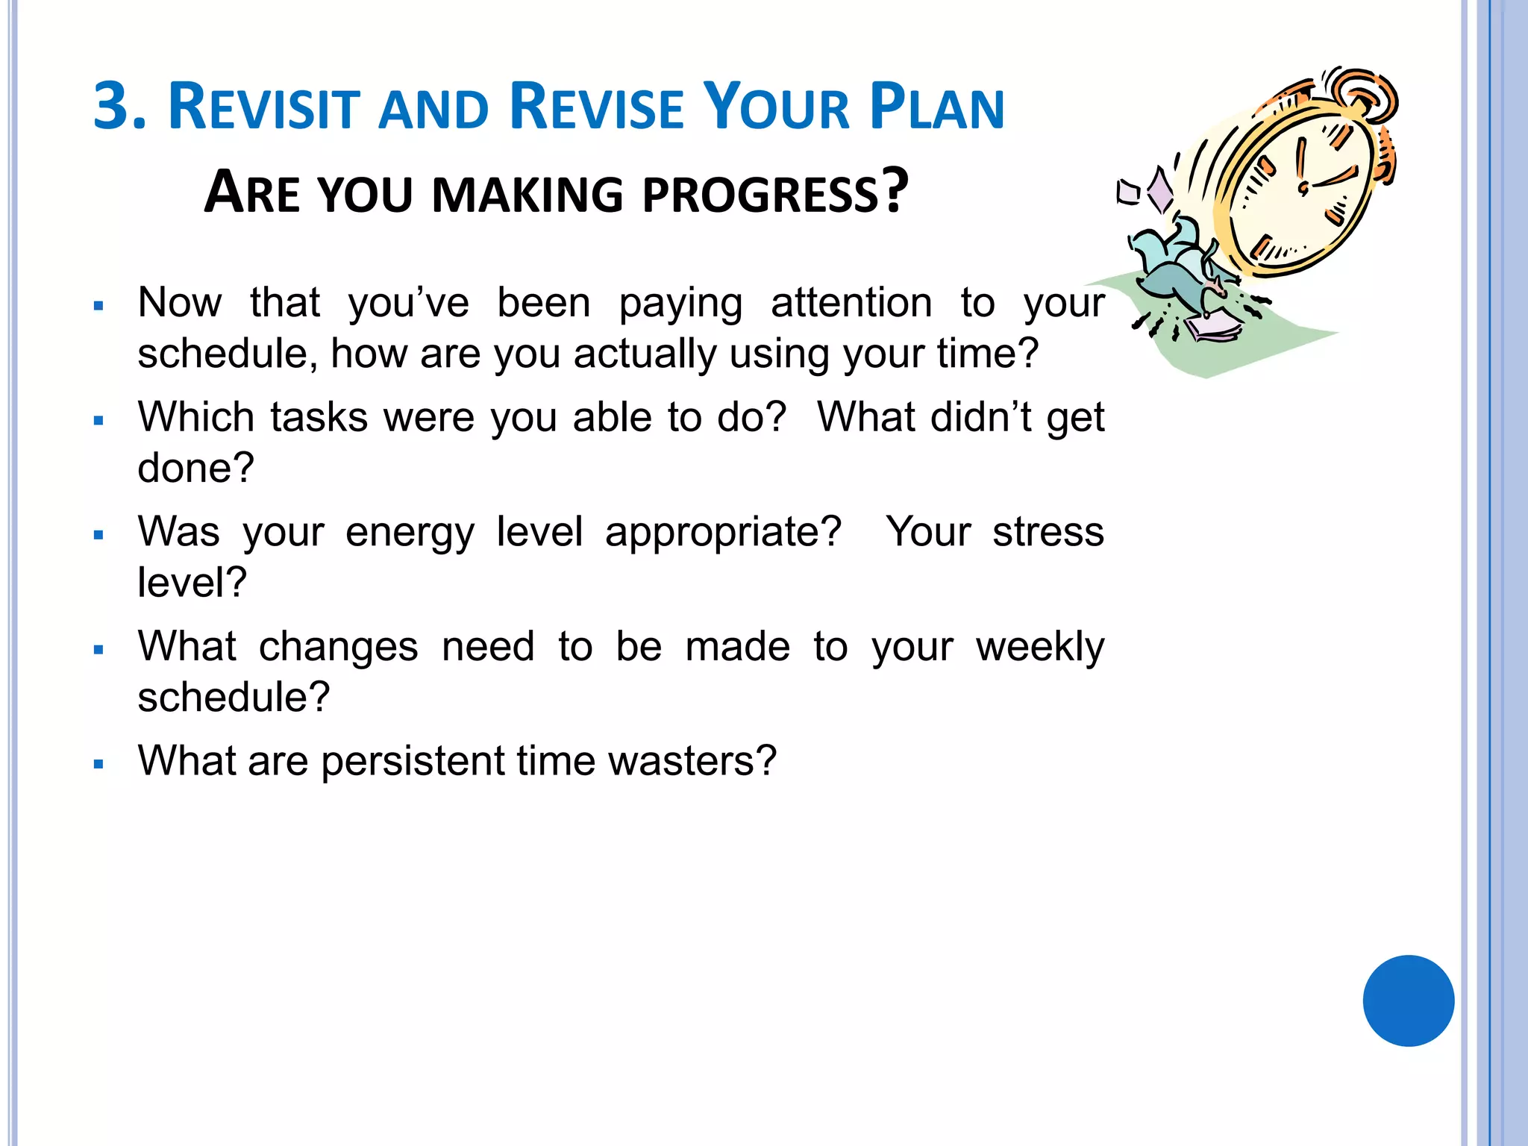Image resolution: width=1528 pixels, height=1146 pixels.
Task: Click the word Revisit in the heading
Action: [265, 107]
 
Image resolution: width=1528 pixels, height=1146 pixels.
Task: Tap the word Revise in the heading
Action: [597, 107]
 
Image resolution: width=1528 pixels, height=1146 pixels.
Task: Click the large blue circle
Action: [1408, 1001]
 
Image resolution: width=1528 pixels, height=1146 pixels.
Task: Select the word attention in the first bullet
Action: [851, 303]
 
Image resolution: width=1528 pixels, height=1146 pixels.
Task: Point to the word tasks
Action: [319, 417]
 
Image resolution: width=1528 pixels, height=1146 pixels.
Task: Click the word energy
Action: [410, 533]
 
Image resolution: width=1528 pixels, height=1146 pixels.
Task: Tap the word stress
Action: [1048, 533]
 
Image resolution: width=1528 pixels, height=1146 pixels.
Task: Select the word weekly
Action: [1039, 647]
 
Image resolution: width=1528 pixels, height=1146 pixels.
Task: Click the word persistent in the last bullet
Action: [413, 761]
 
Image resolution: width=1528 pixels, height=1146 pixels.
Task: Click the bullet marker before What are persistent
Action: [98, 765]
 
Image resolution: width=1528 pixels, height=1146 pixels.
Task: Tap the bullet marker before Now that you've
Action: [98, 306]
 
